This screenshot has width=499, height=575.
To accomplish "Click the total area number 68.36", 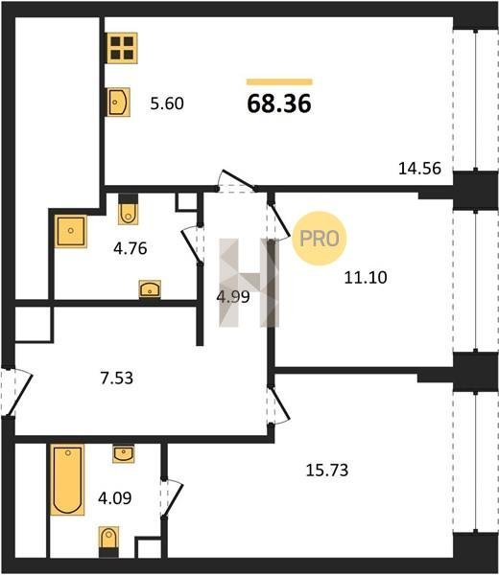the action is click(x=279, y=103).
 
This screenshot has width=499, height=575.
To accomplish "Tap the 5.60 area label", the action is click(x=167, y=103).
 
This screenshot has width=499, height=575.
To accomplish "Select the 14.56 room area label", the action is click(x=419, y=169).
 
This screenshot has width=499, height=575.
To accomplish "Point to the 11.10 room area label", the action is click(x=366, y=277).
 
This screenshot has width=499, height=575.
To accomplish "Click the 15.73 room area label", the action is click(x=327, y=470).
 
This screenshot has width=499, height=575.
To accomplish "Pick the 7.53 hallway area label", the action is click(x=117, y=378).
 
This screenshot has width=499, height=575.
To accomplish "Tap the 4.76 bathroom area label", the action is click(x=131, y=248).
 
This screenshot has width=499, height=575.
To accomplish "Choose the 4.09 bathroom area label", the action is click(x=115, y=498).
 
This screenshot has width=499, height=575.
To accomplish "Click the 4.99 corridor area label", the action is click(x=233, y=297).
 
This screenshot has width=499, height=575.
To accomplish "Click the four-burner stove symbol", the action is click(x=122, y=48).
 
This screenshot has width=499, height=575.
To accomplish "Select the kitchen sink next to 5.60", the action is click(x=119, y=102).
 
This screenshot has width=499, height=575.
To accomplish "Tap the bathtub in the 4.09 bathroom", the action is click(x=67, y=480).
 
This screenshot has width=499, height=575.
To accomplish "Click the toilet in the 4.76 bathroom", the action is click(x=129, y=209).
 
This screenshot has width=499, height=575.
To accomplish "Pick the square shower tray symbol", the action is click(x=71, y=231).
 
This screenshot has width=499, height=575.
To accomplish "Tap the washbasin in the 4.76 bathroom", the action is click(x=150, y=289).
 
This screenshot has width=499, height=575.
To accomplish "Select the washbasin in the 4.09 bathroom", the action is click(x=124, y=454).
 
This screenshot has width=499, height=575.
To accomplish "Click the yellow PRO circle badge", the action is click(x=320, y=239).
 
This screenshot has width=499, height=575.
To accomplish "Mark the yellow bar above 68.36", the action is click(x=279, y=81).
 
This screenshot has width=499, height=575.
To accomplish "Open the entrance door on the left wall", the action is click(x=16, y=392).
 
